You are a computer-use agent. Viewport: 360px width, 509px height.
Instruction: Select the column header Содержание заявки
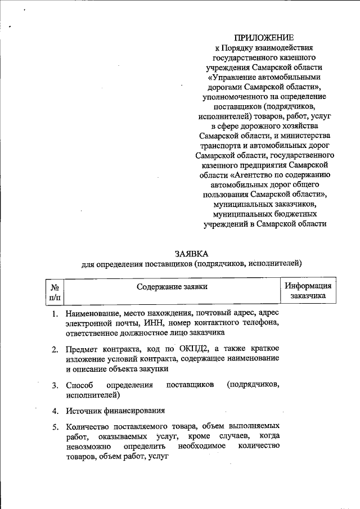tap(172, 287)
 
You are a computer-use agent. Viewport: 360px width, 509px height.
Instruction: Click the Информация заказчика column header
tap(308, 290)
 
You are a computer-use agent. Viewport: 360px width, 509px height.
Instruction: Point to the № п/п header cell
tap(55, 291)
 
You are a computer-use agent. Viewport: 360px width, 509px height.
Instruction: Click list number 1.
tap(55, 313)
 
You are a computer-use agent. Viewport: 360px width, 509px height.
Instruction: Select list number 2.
tap(55, 350)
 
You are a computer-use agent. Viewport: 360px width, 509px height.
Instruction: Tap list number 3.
tap(55, 386)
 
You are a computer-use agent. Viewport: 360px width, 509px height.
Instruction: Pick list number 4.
tap(55, 411)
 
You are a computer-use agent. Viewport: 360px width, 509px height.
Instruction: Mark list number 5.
tap(55, 427)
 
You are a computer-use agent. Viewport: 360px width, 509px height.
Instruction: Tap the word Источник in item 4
tap(84, 411)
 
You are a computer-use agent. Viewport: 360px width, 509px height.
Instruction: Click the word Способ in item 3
tap(79, 385)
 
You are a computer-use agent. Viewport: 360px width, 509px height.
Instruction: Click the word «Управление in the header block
tap(230, 76)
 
